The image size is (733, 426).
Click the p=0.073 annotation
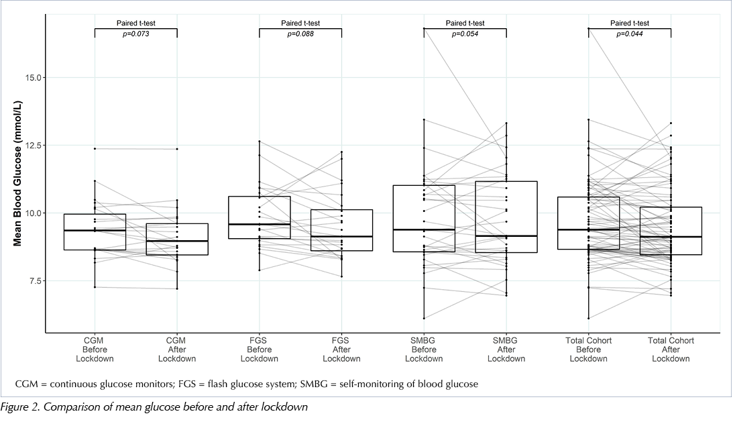[x=136, y=34]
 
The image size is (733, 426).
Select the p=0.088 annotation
[x=300, y=34]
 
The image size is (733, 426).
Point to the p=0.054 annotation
[x=465, y=34]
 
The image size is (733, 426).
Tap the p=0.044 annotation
[x=630, y=34]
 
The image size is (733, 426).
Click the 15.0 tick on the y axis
[x=33, y=78]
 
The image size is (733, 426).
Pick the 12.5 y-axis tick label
[x=33, y=146]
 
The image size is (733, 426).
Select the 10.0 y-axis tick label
[x=33, y=213]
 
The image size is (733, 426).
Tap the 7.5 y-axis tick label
[x=35, y=281]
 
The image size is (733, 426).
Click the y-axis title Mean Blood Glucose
[x=17, y=173]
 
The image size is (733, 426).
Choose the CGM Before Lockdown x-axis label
[x=95, y=350]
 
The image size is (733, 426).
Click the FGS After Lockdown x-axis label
[x=342, y=350]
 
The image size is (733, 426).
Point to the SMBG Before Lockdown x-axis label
[x=424, y=350]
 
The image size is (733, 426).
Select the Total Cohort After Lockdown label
[x=671, y=350]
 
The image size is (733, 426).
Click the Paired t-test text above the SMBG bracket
[x=465, y=23]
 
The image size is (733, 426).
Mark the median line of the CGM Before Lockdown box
[x=95, y=230]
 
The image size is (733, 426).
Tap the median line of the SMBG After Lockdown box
[x=506, y=236]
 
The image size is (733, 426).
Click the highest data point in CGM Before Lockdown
[x=95, y=149]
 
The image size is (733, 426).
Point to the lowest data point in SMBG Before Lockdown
[x=424, y=319]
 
